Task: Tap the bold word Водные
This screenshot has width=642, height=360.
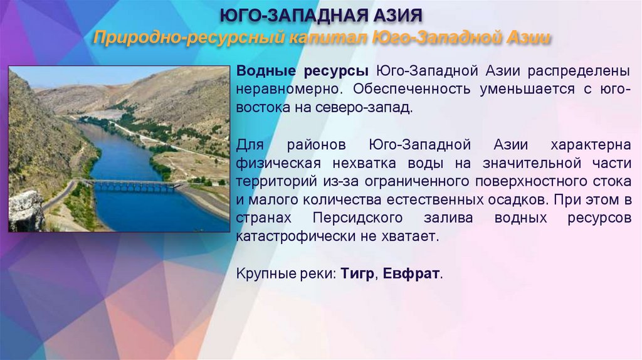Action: click(267, 71)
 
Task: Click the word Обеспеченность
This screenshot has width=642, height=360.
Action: click(406, 89)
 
